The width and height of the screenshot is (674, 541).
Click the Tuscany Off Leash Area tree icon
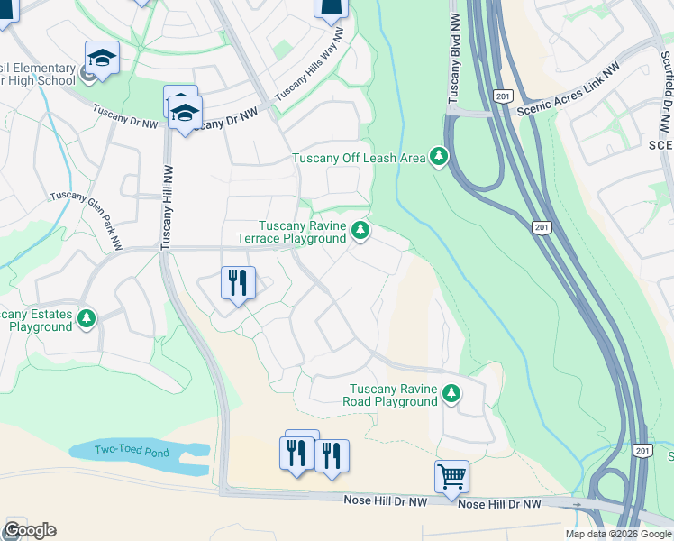tap(439, 157)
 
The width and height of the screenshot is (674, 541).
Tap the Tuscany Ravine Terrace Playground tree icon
tap(360, 232)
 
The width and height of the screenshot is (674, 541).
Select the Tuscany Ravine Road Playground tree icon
tap(451, 393)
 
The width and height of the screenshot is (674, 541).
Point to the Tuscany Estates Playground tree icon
tap(87, 318)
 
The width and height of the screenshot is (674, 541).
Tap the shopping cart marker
tap(451, 474)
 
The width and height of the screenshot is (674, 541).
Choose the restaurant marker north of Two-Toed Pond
tap(238, 283)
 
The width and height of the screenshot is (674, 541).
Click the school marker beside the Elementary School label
tap(103, 59)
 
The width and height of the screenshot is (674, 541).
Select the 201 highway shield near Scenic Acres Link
tap(503, 96)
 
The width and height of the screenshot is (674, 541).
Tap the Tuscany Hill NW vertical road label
tap(166, 207)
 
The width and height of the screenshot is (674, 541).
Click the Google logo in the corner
tap(30, 530)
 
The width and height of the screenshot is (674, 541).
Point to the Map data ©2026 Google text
tap(618, 534)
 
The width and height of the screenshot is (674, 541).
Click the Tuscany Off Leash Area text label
tap(359, 158)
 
